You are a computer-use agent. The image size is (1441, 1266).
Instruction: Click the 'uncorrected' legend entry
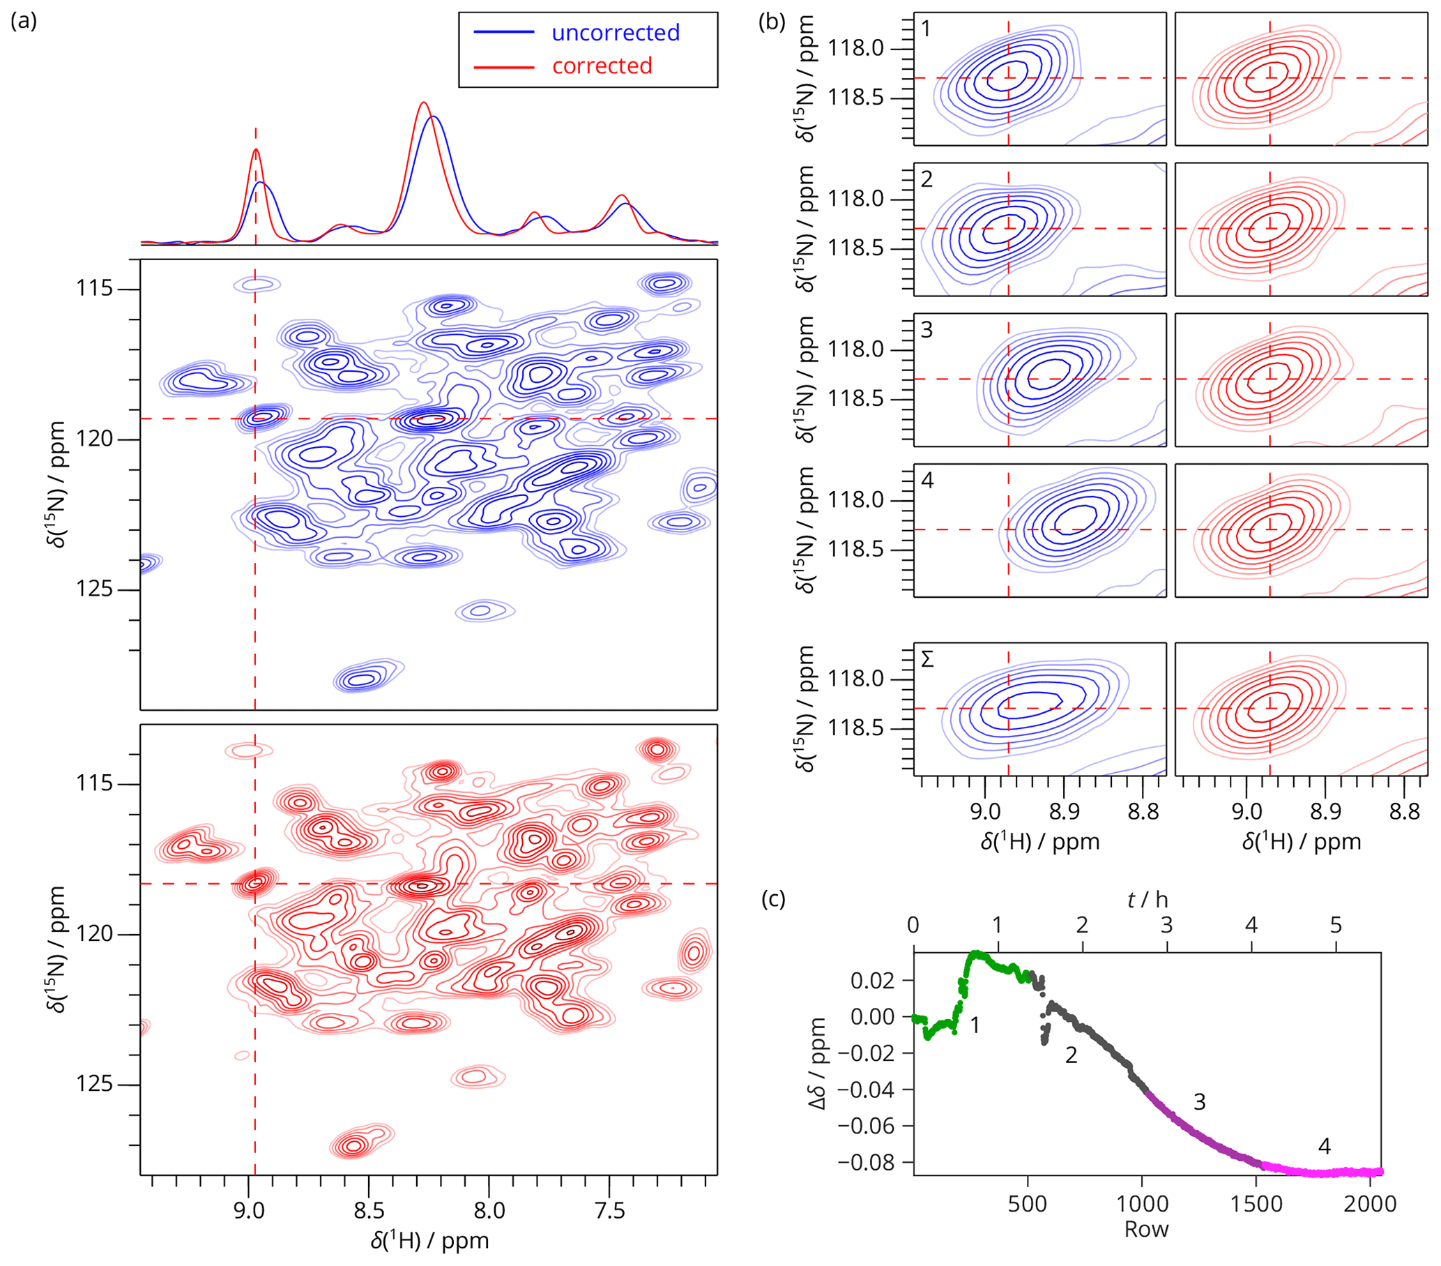pyautogui.click(x=615, y=33)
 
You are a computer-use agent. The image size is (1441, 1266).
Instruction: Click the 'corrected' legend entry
pyautogui.click(x=602, y=66)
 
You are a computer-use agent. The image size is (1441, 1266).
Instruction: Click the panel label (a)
pyautogui.click(x=23, y=21)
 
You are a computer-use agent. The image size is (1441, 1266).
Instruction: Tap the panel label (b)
pyautogui.click(x=771, y=21)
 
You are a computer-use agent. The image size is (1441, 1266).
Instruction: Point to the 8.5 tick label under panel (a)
pyautogui.click(x=369, y=1210)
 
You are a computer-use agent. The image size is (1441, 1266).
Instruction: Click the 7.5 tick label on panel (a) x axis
pyautogui.click(x=610, y=1210)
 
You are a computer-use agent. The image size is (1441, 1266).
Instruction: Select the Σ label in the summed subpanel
pyautogui.click(x=927, y=659)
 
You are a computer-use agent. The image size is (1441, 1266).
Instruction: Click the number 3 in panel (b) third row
pyautogui.click(x=927, y=330)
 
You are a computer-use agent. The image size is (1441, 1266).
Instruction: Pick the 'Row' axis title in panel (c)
pyautogui.click(x=1146, y=1228)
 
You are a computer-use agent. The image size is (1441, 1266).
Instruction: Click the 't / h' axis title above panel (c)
pyautogui.click(x=1147, y=900)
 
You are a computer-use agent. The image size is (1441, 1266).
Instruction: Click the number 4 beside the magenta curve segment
pyautogui.click(x=1324, y=1146)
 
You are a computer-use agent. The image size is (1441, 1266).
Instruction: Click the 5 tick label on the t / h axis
pyautogui.click(x=1335, y=925)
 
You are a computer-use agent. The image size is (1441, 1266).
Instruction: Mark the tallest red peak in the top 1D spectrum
pyautogui.click(x=423, y=103)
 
